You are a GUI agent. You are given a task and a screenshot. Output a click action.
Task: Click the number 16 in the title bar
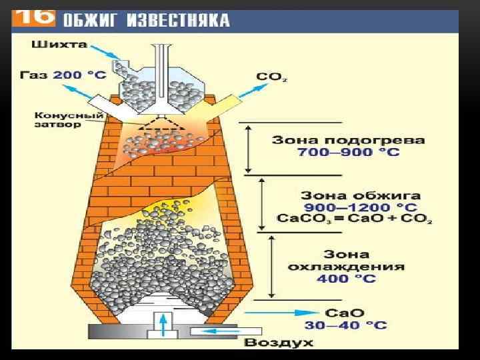[35, 18]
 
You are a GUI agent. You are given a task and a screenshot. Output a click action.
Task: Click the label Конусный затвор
[57, 120]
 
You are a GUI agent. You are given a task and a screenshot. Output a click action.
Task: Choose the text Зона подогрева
[348, 141]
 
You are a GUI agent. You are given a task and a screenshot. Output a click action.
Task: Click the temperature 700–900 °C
[349, 153]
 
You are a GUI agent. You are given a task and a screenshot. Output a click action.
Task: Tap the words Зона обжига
[361, 196]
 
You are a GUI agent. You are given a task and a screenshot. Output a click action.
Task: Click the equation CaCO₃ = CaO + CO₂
[354, 219]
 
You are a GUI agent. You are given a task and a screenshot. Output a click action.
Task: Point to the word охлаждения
[347, 266]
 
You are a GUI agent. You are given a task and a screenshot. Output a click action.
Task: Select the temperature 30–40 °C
[346, 325]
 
